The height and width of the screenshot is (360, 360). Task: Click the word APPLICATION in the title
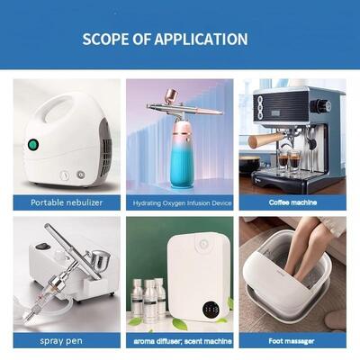[201, 40]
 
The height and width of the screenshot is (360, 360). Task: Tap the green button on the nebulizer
[33, 145]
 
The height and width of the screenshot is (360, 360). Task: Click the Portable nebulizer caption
[67, 202]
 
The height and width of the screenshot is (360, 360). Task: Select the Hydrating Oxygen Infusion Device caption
[182, 203]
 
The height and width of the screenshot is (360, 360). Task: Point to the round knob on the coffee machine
[320, 105]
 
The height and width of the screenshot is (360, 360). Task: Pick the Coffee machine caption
[292, 202]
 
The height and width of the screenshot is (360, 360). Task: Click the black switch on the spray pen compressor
[42, 247]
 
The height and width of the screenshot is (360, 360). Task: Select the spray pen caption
[61, 341]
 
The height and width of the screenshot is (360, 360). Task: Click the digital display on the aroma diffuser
[211, 310]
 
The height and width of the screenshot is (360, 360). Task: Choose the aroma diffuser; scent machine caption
[183, 341]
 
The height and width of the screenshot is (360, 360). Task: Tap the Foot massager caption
[292, 341]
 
